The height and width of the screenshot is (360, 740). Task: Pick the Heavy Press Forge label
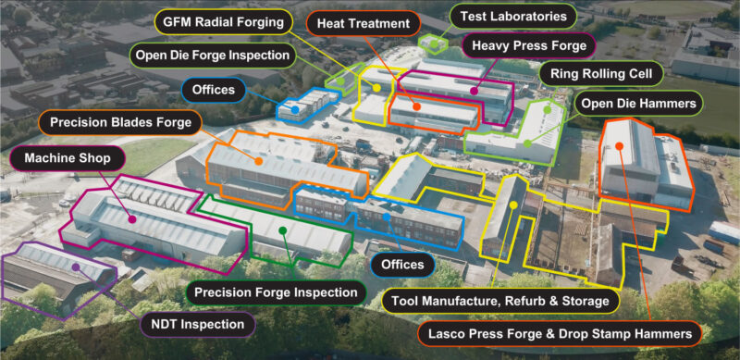tap(528, 44)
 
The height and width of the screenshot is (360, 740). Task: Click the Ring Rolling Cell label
tap(601, 73)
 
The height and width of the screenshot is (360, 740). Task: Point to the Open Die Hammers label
tap(637, 104)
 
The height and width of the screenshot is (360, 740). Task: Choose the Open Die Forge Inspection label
tap(212, 56)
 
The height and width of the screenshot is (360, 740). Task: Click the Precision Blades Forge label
tap(121, 122)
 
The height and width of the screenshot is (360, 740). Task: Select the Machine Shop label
tap(68, 158)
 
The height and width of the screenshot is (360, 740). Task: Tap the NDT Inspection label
tap(197, 324)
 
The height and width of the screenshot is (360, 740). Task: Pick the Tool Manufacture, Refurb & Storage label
tap(499, 301)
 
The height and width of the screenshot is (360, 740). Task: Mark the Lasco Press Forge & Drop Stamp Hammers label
tap(560, 332)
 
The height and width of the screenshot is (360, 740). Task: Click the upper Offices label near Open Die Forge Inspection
tap(215, 90)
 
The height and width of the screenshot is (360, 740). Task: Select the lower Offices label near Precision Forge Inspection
tap(402, 265)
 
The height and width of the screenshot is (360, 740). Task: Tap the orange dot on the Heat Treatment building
tap(418, 106)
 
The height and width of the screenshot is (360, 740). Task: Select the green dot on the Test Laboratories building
tap(433, 43)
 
